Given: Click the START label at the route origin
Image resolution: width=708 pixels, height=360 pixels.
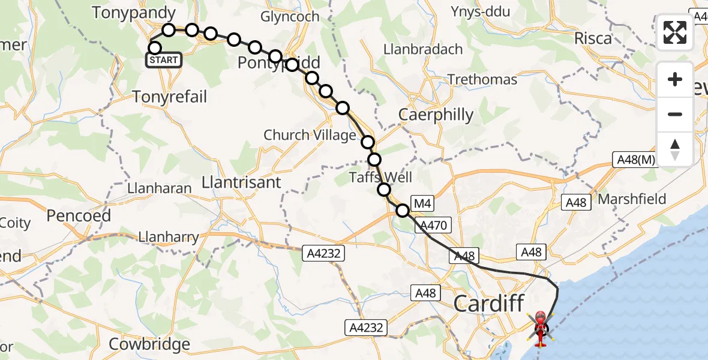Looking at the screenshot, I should pos(164,60).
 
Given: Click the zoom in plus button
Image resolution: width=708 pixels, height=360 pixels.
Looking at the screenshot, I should pos(675,79).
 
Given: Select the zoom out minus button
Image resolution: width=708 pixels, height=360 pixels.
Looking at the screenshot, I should pos(675,114).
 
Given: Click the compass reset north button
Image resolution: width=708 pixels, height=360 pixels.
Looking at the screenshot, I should pos(675,148).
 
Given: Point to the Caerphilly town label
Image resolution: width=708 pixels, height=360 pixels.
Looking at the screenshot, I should pos(436,115).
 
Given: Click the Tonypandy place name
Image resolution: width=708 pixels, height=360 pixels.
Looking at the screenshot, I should pos(134,13).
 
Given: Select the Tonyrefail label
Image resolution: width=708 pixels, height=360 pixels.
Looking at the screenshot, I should pos(169,96).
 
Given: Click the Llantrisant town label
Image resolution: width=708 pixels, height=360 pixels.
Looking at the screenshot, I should pos(241,182).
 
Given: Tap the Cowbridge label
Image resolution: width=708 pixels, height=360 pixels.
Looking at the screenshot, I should pos(149,344).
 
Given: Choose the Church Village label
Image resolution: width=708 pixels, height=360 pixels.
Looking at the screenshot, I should pos(310,135).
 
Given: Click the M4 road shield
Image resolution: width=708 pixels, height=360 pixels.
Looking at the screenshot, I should pos(422,203).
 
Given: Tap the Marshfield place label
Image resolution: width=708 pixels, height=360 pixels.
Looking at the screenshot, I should pos(632,199).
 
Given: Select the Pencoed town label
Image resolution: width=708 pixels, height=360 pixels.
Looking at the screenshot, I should pos(79,215).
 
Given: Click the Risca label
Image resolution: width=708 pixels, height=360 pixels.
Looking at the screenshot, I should pos(593,38).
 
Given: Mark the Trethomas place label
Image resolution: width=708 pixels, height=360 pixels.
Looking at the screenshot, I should pos(482,80).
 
